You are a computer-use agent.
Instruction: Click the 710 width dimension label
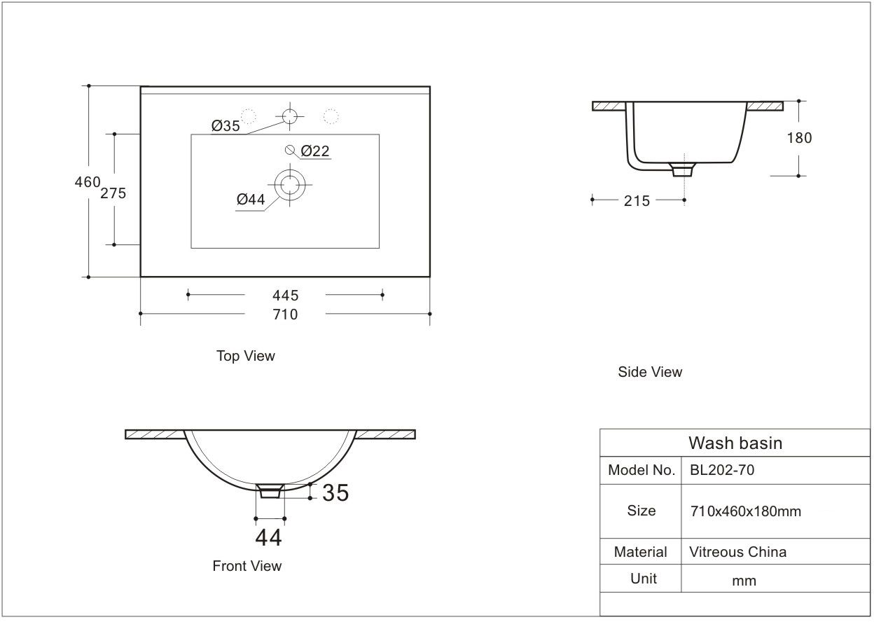pyautogui.click(x=285, y=315)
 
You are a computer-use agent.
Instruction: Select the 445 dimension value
pyautogui.click(x=286, y=296)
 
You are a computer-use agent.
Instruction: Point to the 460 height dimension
pyautogui.click(x=88, y=182)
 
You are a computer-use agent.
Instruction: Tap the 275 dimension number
pyautogui.click(x=113, y=193)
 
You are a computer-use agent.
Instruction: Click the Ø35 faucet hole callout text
pyautogui.click(x=226, y=126)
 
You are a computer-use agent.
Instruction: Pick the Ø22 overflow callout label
pyautogui.click(x=315, y=151)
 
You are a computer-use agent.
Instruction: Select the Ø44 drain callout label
pyautogui.click(x=251, y=200)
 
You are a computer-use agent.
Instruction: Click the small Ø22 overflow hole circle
pyautogui.click(x=289, y=150)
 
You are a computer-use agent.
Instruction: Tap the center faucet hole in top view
pyautogui.click(x=290, y=116)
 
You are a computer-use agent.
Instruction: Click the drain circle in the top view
pyautogui.click(x=290, y=185)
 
